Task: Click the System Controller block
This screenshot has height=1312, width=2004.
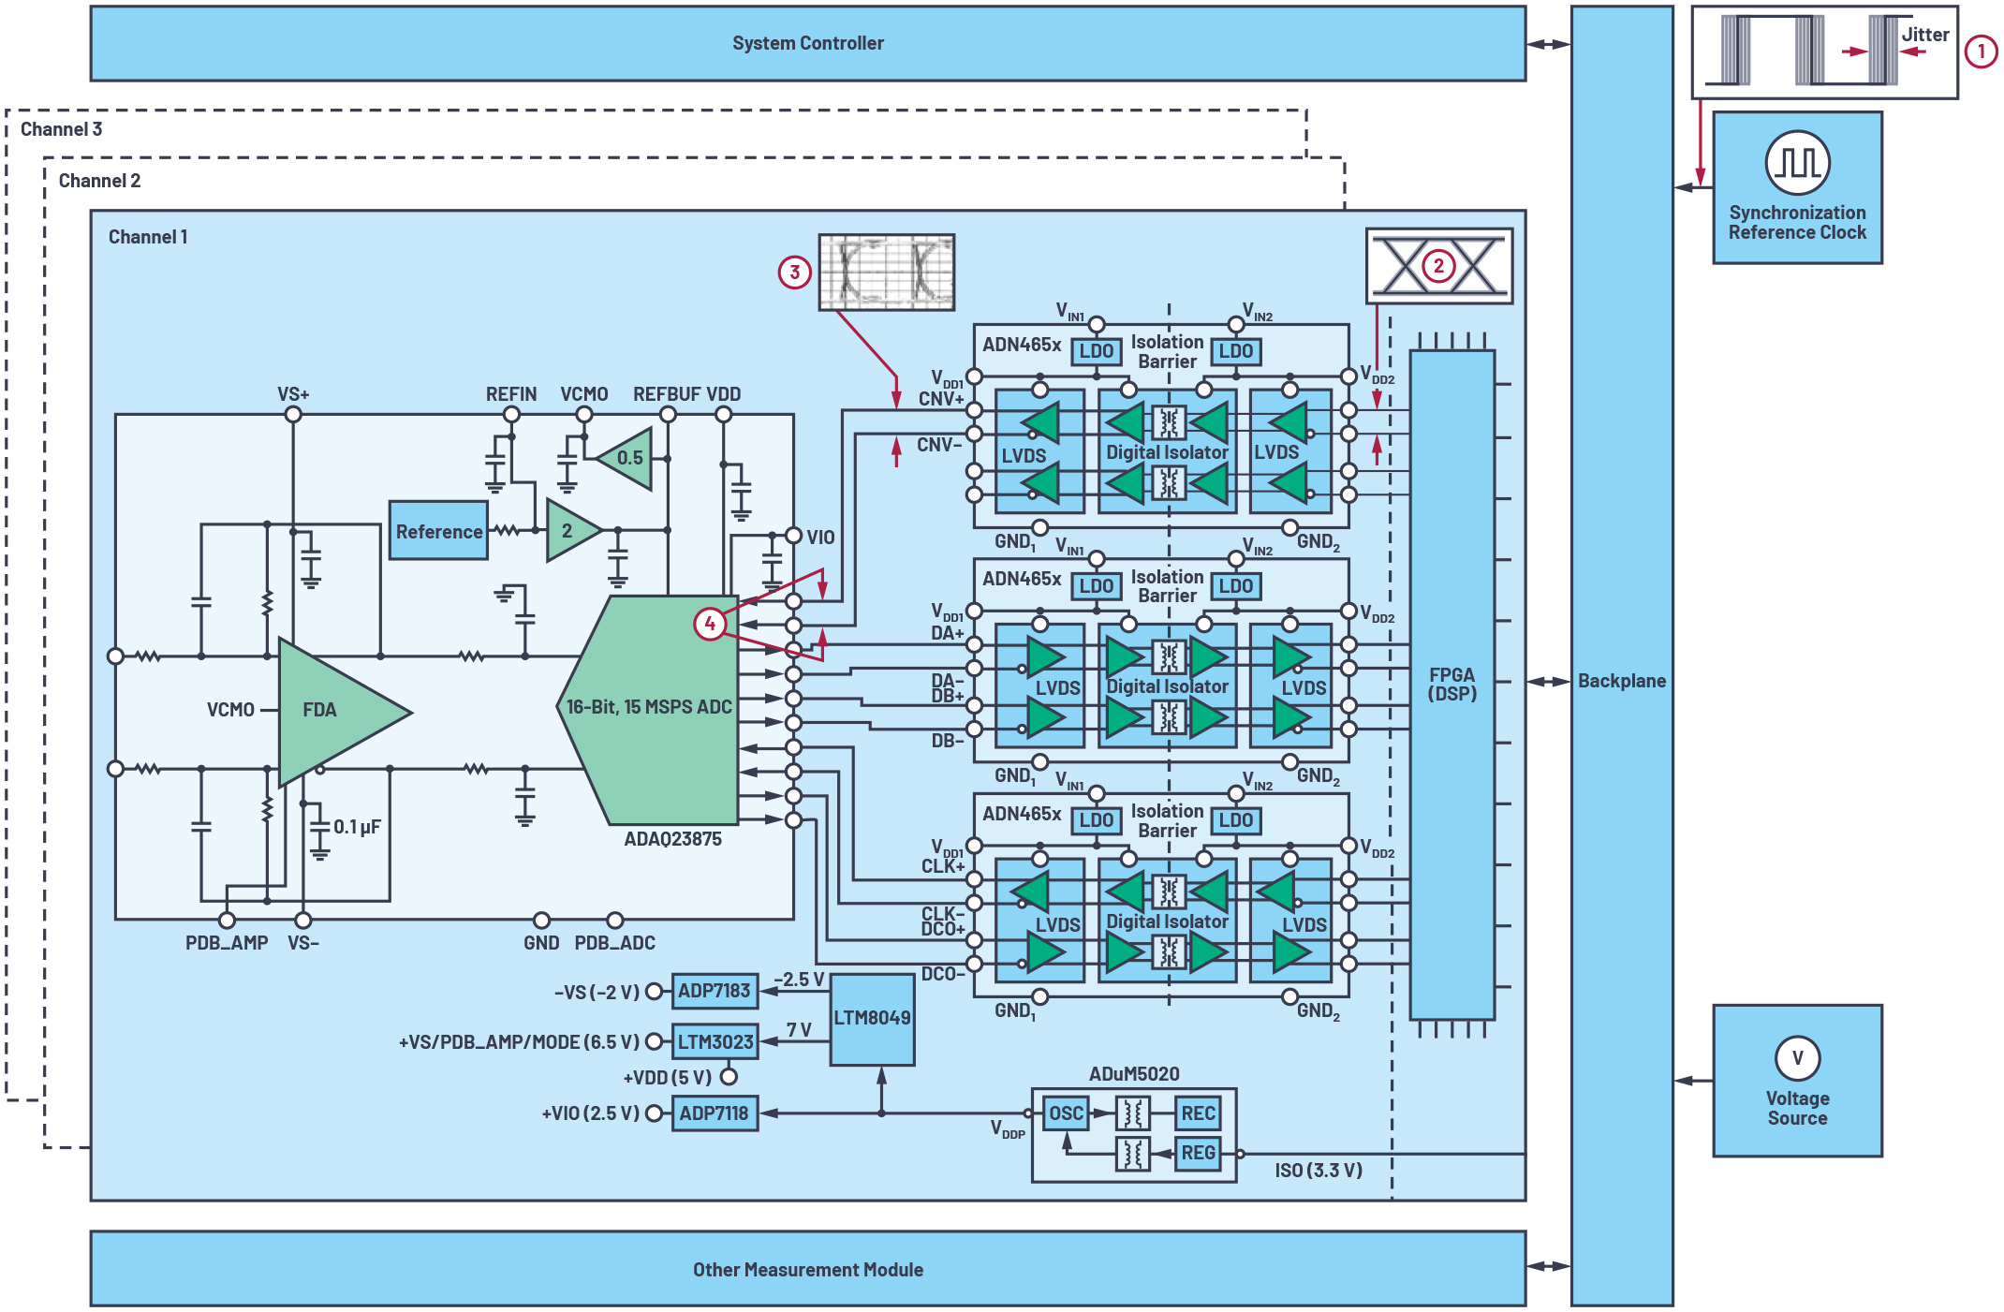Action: point(807,43)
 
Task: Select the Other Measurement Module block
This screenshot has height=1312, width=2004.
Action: point(807,1269)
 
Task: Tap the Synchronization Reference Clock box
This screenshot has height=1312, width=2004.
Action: point(1796,187)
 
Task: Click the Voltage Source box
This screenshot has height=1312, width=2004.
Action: point(1796,1081)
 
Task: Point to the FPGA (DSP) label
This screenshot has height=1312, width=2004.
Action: point(1451,685)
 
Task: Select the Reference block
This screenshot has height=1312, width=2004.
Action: point(438,531)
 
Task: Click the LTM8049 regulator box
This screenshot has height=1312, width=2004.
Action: point(872,1018)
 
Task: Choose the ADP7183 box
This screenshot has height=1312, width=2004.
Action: point(715,991)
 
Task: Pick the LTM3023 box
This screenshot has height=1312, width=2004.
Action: point(715,1041)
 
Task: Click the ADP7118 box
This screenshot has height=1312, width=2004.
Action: point(715,1113)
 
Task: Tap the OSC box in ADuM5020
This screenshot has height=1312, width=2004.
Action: point(1066,1113)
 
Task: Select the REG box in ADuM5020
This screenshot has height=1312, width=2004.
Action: point(1198,1153)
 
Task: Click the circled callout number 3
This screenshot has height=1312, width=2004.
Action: point(794,273)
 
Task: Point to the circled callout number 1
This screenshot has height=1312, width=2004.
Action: point(1981,51)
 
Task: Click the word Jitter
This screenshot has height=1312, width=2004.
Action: point(1924,35)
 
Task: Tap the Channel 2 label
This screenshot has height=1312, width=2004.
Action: point(99,181)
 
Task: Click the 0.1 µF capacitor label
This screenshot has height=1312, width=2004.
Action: point(357,827)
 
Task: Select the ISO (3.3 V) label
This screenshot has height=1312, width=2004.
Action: point(1318,1170)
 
